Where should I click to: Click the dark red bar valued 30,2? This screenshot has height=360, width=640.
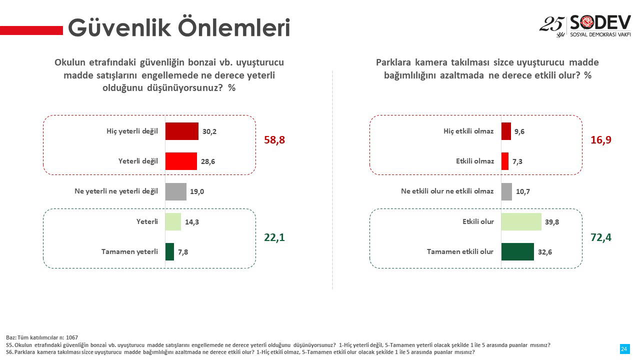(x=181, y=131)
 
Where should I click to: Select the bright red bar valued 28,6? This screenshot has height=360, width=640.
(x=181, y=161)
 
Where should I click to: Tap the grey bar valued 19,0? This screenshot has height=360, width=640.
(x=175, y=191)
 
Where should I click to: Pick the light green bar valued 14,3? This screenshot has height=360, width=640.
(x=173, y=221)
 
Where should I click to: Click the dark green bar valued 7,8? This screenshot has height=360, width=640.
(x=169, y=251)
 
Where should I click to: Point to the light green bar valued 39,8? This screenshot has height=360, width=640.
(x=521, y=221)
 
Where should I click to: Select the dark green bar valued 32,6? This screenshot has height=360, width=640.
(x=517, y=251)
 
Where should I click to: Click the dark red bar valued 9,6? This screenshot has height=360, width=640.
(x=506, y=131)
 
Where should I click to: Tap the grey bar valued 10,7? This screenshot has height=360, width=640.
(x=506, y=191)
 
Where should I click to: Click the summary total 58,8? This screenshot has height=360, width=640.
(x=274, y=140)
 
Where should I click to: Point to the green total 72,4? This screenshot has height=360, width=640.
(x=601, y=237)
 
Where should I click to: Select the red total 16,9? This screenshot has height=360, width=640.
(x=601, y=140)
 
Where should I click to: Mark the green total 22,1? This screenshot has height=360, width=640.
(x=274, y=237)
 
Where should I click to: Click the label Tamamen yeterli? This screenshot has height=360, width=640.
(x=129, y=251)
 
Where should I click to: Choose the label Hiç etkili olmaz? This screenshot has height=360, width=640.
(x=468, y=131)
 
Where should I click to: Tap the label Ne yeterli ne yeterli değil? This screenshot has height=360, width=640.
(x=116, y=191)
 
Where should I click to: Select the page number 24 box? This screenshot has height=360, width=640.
(x=625, y=349)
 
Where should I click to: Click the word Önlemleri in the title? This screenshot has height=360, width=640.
(x=234, y=27)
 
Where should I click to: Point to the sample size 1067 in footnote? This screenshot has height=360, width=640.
(x=71, y=337)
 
